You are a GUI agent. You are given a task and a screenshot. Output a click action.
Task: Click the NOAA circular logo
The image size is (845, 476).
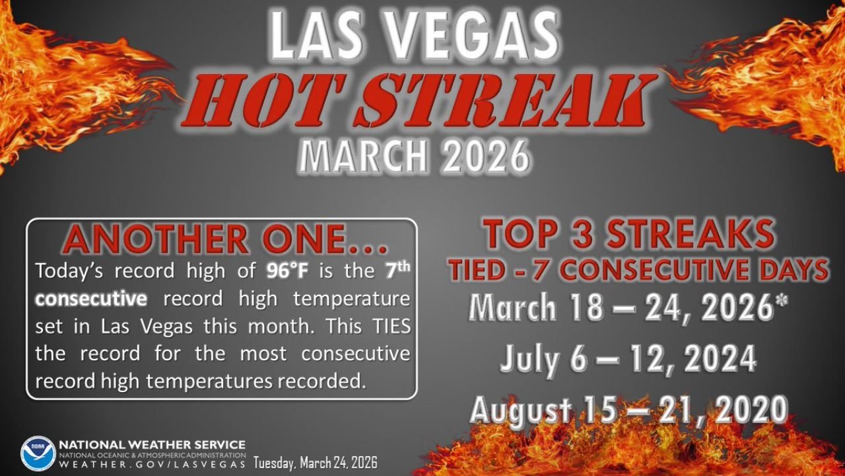38,453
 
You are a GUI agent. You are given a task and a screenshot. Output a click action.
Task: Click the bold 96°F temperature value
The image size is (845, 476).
290,270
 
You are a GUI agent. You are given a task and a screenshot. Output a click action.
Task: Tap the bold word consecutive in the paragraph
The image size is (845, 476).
91,299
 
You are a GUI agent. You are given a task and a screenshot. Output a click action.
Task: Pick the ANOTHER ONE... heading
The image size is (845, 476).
224,240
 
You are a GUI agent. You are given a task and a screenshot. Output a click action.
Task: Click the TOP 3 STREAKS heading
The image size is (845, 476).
628,235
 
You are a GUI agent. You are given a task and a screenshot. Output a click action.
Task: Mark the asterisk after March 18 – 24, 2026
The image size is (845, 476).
784,307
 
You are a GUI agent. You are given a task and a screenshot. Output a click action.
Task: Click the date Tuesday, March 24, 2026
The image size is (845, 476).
316,463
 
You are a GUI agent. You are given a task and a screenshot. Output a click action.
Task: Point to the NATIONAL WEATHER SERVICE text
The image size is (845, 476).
152,445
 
